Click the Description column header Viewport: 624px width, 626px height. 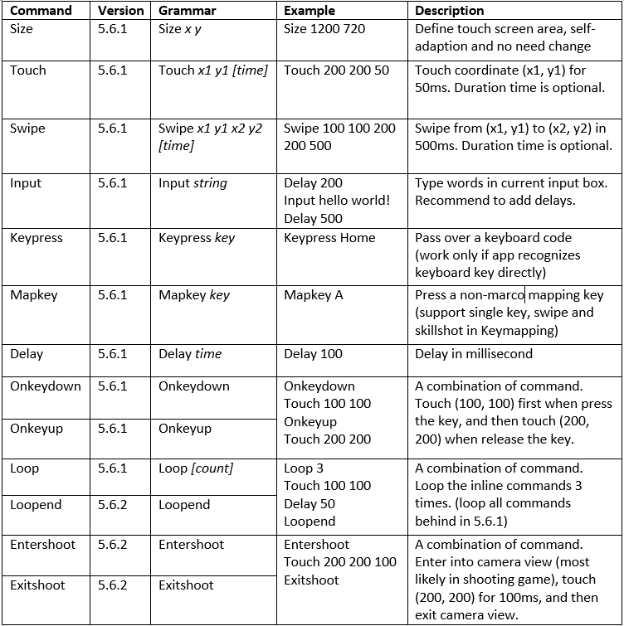click(x=449, y=11)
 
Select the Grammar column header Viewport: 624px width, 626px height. click(x=187, y=11)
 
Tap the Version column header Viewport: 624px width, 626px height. click(x=120, y=11)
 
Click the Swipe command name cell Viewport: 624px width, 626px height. click(x=27, y=129)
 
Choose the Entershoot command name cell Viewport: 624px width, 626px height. click(x=42, y=545)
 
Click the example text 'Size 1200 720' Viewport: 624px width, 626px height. click(x=324, y=29)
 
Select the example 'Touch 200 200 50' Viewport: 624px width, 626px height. click(x=336, y=70)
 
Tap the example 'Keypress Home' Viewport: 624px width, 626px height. click(x=329, y=238)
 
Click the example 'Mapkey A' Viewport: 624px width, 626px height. click(x=313, y=294)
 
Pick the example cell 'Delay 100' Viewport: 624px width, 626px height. click(x=313, y=354)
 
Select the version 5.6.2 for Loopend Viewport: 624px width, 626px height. click(x=112, y=505)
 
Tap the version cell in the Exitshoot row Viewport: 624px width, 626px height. click(x=112, y=585)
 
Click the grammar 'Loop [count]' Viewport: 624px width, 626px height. click(x=195, y=468)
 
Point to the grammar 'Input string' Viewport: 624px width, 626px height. click(x=193, y=183)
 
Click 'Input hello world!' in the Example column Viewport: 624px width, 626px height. click(x=336, y=201)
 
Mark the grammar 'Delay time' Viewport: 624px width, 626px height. click(x=190, y=354)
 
